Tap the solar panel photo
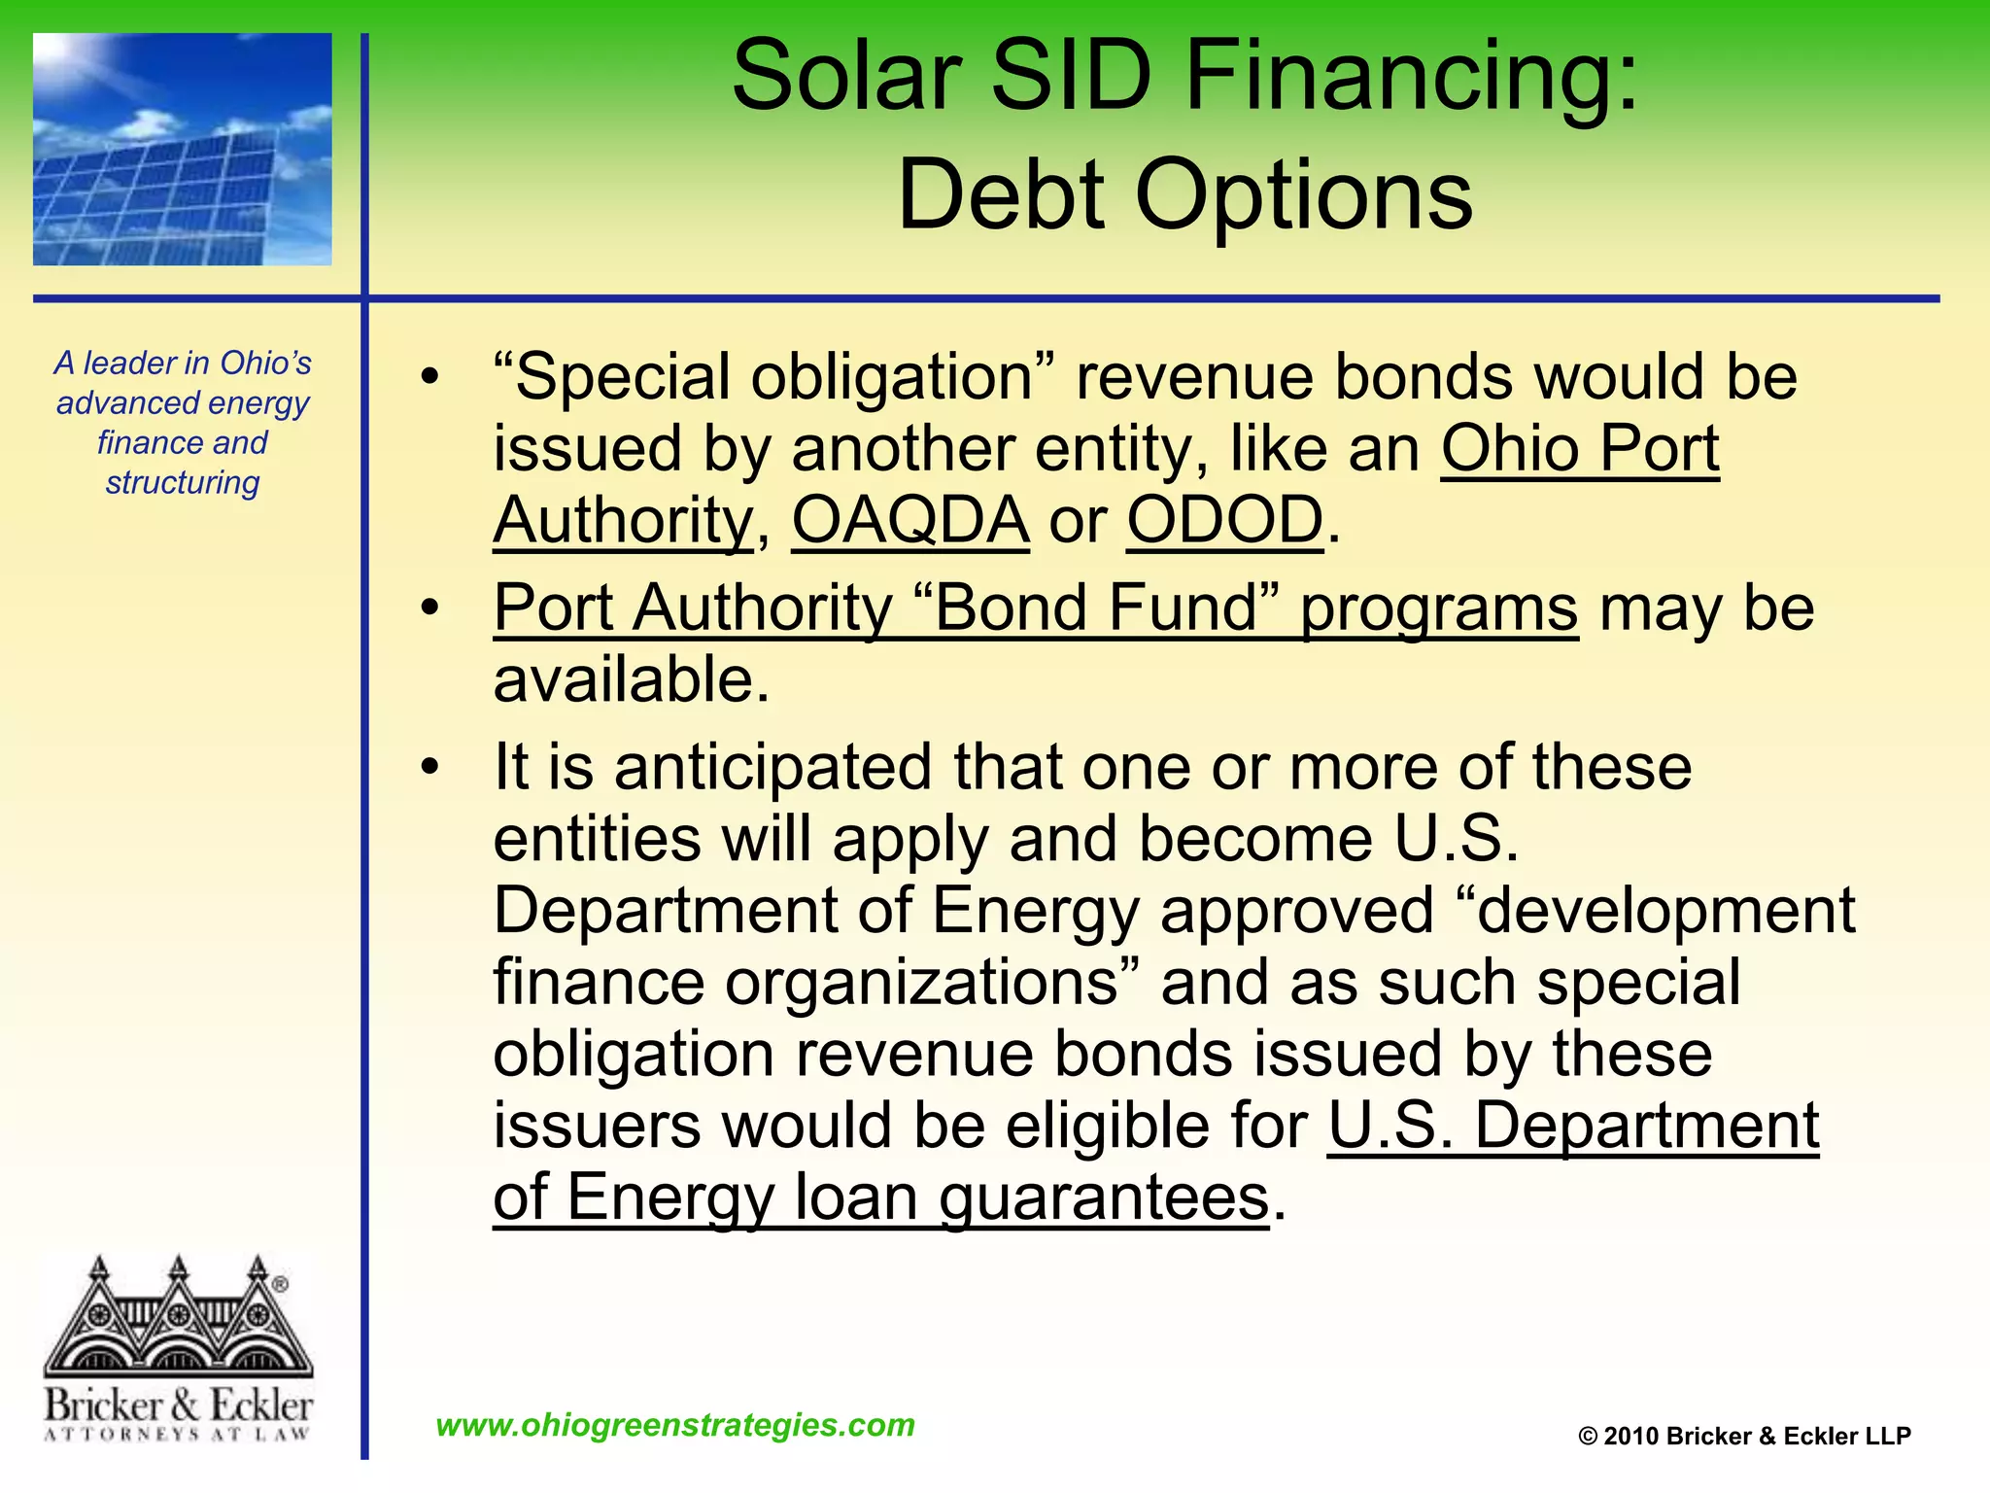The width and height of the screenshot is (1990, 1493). point(183,150)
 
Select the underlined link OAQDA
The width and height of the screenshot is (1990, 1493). point(910,521)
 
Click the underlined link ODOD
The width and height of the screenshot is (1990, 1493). point(1224,521)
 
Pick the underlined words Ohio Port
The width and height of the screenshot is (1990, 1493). point(1580,449)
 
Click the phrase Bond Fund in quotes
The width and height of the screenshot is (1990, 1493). point(1096,608)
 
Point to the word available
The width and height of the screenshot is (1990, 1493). point(631,679)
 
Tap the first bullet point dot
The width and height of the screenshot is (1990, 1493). point(429,377)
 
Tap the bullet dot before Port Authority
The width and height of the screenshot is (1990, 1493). point(429,608)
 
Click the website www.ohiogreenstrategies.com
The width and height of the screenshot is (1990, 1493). point(675,1425)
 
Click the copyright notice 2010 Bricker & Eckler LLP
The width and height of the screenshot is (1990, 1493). point(1744,1437)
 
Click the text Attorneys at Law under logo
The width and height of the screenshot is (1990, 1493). point(178,1434)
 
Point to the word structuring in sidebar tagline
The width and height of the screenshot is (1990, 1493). point(183,482)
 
